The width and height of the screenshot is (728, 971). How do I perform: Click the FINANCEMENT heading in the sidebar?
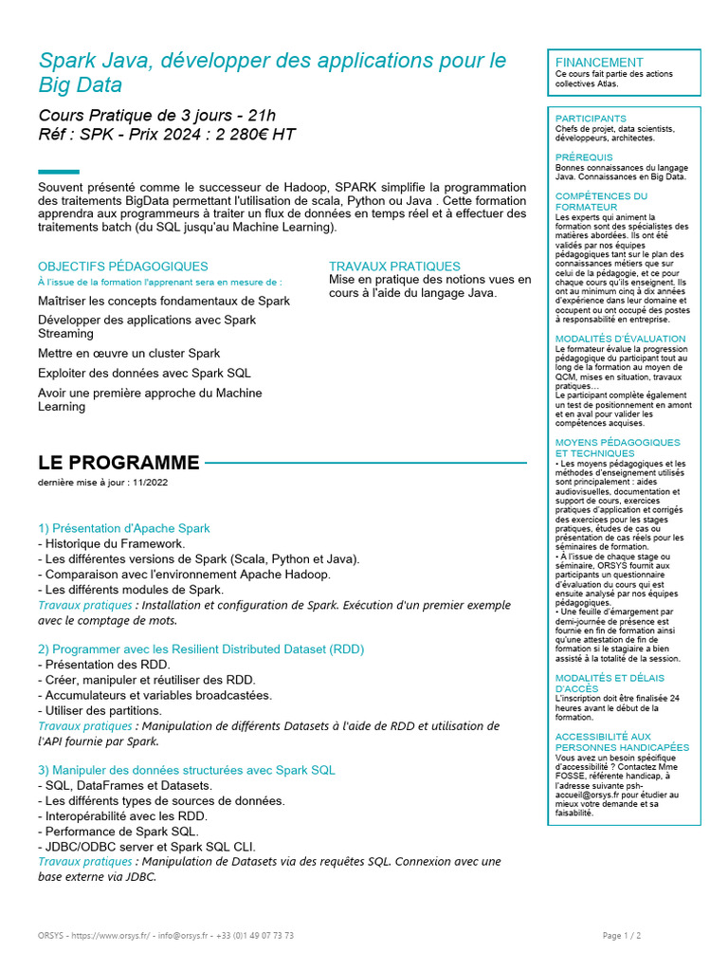pos(599,63)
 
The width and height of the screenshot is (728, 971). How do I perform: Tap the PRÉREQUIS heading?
pos(584,157)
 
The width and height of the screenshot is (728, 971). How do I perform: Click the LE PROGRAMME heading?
pos(118,463)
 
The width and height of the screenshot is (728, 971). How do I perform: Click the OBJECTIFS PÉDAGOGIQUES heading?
pos(123,266)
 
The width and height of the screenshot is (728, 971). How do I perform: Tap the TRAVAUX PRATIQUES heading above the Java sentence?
pos(394,266)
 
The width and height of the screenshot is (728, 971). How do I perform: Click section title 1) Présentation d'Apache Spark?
pos(124,528)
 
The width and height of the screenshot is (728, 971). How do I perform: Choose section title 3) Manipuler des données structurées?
pos(186,770)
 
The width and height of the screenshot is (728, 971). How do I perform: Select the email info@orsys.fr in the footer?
pos(187,935)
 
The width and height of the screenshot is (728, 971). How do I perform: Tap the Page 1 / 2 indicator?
pos(622,935)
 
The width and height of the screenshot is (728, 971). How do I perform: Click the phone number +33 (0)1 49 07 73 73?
pos(256,935)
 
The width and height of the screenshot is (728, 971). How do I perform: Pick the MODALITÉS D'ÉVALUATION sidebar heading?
pos(620,339)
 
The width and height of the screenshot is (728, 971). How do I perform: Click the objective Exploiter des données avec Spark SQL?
pos(144,373)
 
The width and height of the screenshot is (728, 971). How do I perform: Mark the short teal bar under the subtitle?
pos(59,172)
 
